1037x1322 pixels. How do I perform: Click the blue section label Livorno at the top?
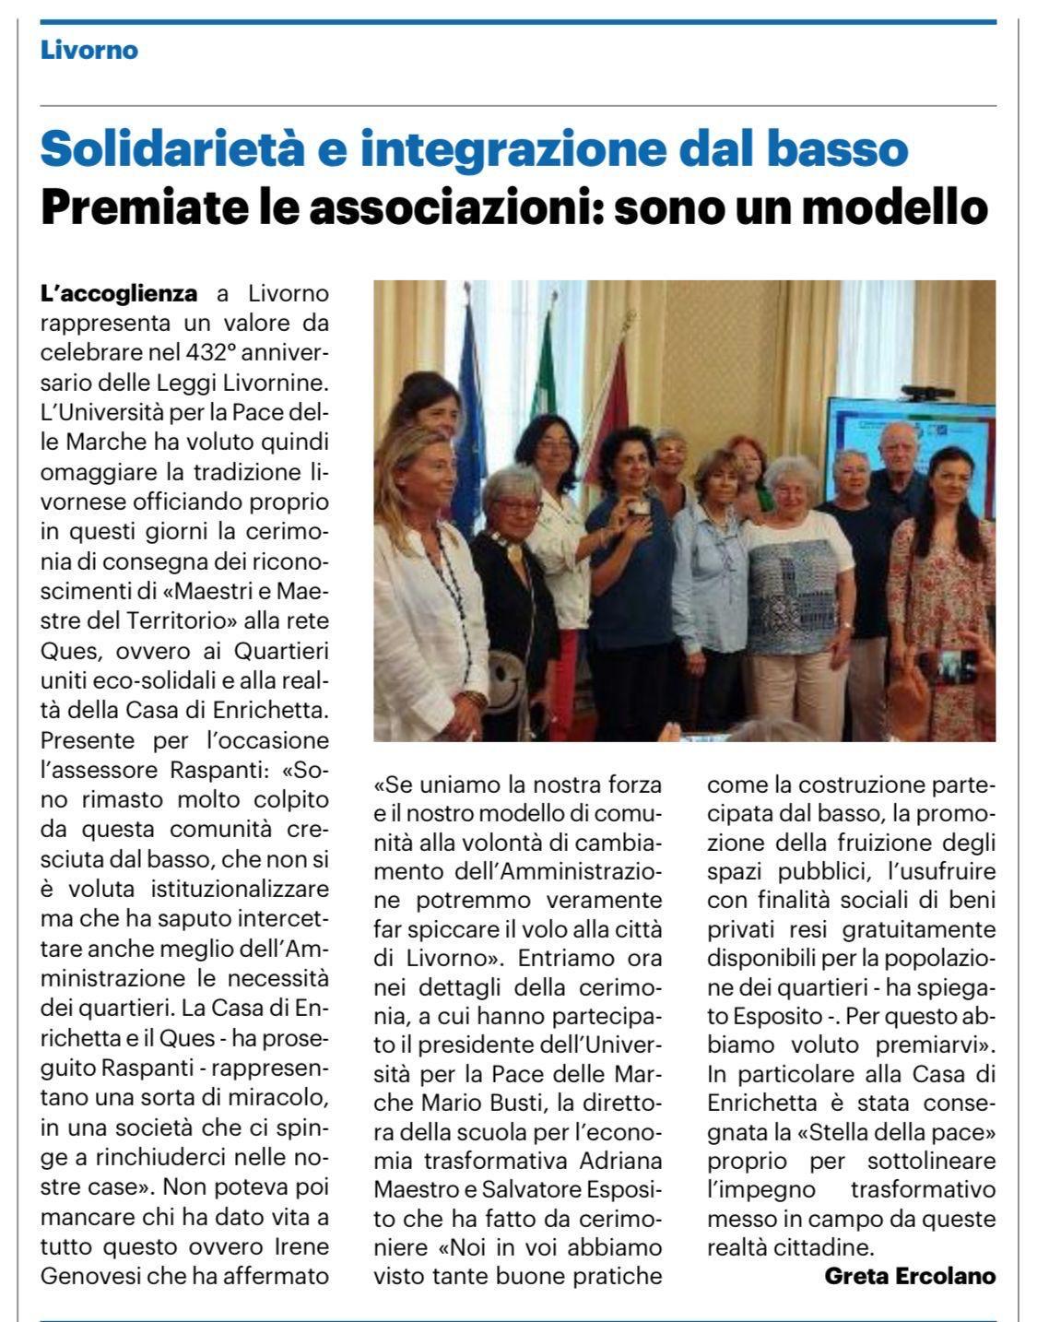(88, 50)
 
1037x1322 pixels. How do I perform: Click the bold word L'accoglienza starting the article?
(119, 294)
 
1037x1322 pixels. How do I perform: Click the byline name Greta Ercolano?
(910, 1277)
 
